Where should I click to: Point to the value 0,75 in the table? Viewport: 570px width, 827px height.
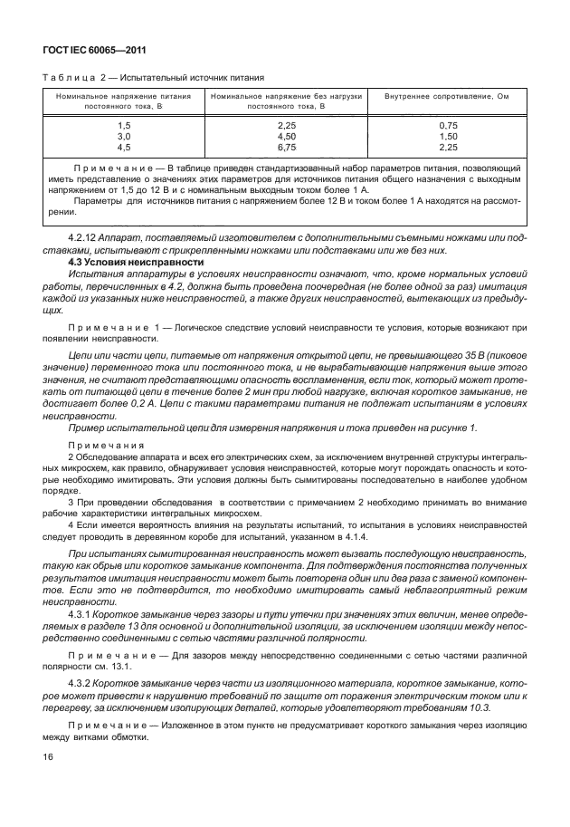tap(448, 124)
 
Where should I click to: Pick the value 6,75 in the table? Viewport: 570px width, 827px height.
tap(288, 146)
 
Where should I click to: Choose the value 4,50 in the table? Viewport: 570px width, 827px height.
tap(288, 135)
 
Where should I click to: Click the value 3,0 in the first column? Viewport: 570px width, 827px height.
tap(125, 135)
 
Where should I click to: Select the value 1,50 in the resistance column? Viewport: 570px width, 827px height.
tap(448, 135)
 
